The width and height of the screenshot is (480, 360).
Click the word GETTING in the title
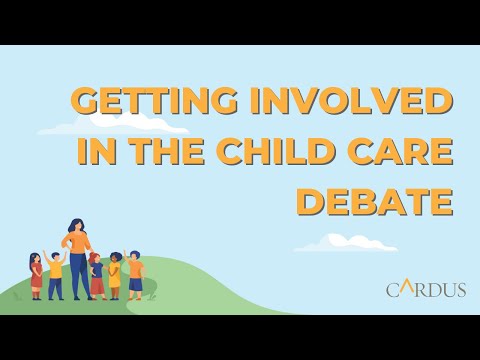pos(142,103)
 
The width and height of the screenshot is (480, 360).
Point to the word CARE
pos(403,151)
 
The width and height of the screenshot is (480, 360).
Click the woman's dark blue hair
pos(76,226)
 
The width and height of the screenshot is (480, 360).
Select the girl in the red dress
pos(36,277)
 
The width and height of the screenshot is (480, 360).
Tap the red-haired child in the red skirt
pos(97,275)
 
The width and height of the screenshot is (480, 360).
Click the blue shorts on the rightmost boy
pos(135,284)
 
